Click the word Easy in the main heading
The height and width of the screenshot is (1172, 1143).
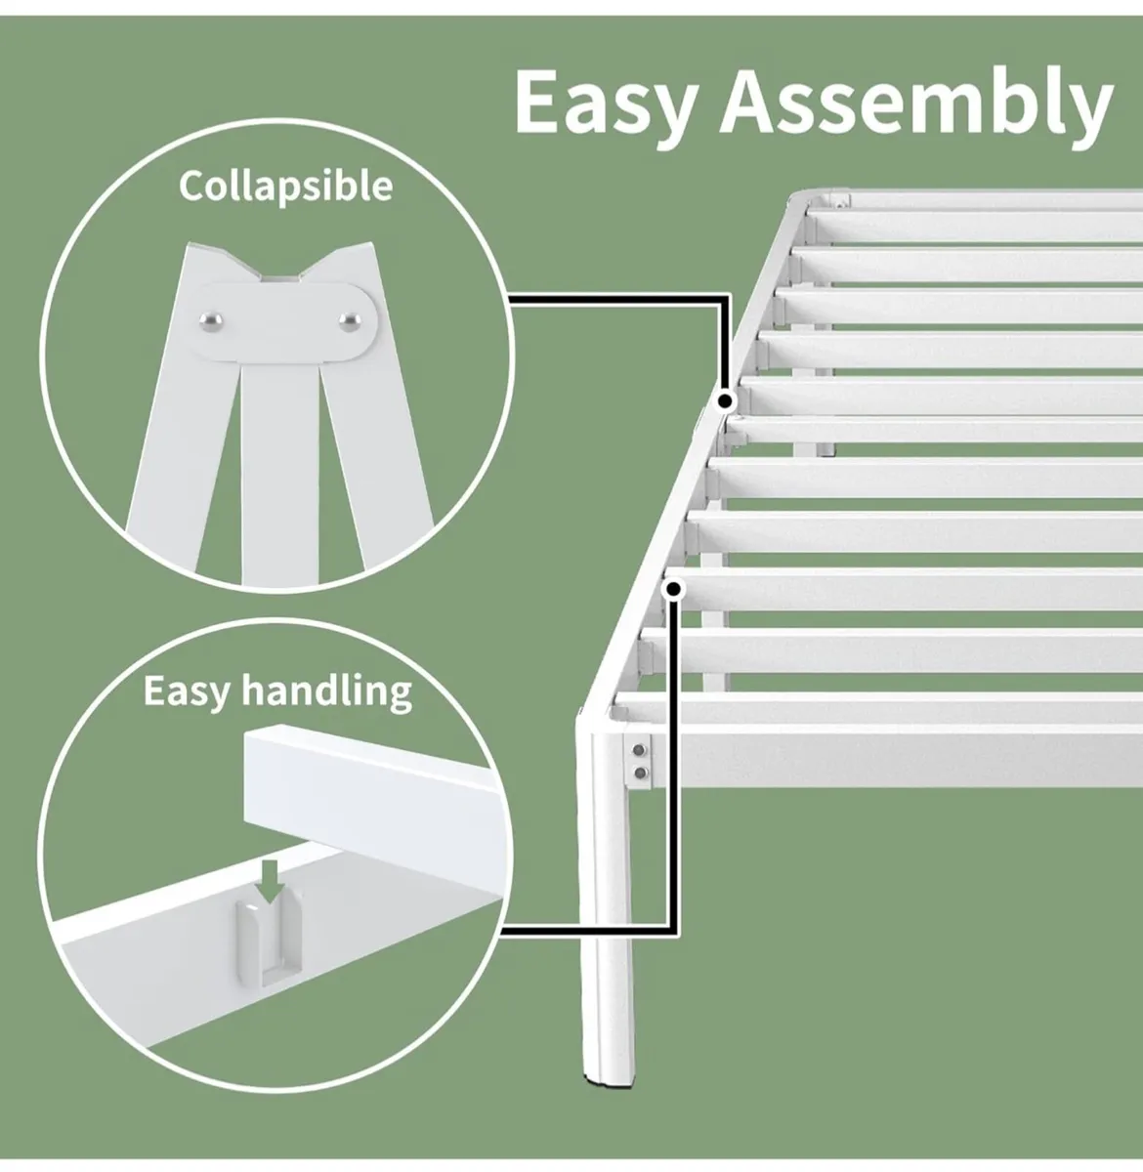(602, 103)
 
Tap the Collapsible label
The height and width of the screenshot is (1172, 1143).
(285, 185)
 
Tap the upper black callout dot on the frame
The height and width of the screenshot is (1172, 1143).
(725, 400)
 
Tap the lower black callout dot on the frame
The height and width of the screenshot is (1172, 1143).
(672, 588)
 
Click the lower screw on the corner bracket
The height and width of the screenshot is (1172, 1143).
(640, 772)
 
